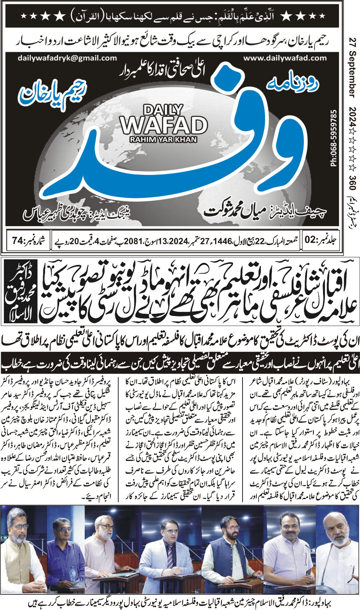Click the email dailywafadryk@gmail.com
(67, 58)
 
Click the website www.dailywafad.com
(285, 58)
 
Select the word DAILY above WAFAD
(163, 110)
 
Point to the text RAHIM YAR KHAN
(163, 140)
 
